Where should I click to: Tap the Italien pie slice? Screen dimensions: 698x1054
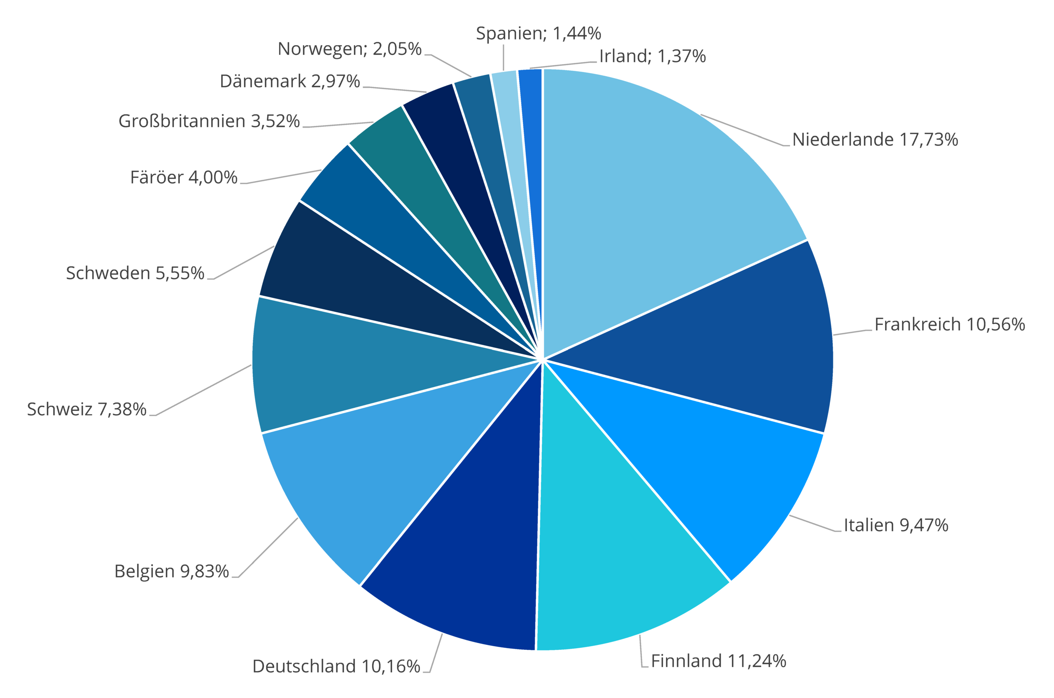712,468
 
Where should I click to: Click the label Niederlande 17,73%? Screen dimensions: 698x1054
874,140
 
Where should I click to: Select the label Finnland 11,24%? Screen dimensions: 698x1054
718,661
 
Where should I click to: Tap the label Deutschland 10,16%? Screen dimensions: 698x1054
336,666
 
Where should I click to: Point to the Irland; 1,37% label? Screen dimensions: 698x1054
652,56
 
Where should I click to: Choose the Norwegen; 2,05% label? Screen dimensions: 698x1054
349,49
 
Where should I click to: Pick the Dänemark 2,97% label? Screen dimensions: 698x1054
289,81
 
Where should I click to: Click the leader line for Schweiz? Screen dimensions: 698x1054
203,391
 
